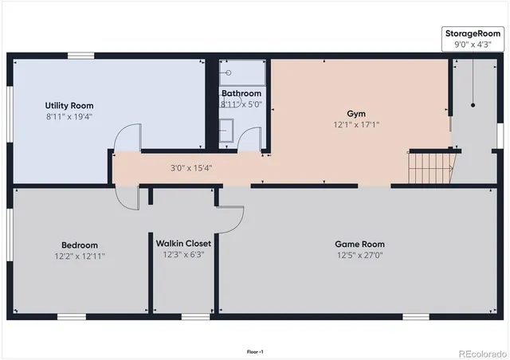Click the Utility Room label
click(x=69, y=106)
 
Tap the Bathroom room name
click(x=241, y=93)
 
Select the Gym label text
click(x=356, y=113)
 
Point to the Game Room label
click(x=359, y=245)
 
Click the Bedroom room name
click(x=80, y=245)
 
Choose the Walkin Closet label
click(x=184, y=244)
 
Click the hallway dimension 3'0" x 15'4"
click(x=191, y=168)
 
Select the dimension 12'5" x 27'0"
click(x=359, y=256)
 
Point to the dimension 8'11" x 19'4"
click(x=69, y=116)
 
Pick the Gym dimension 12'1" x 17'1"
click(x=356, y=125)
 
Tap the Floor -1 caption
click(x=255, y=351)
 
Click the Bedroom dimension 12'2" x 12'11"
click(x=80, y=256)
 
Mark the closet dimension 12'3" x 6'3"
click(x=184, y=255)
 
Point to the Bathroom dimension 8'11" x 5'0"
click(x=241, y=104)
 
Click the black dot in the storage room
click(x=473, y=104)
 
